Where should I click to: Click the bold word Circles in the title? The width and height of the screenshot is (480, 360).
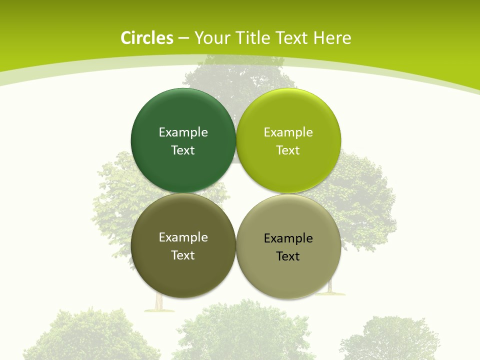pos(147,38)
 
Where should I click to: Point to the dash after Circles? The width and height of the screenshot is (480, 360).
pos(183,38)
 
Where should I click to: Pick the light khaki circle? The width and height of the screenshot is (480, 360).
pos(288,275)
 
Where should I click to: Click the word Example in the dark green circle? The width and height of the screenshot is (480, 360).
pos(183,132)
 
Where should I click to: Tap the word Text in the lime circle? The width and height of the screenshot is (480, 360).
pos(288,150)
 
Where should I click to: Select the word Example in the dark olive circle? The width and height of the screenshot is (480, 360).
pos(183,237)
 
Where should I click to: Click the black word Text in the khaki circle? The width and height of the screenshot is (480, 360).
pos(288,256)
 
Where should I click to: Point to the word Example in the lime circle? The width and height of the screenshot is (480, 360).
pos(288,132)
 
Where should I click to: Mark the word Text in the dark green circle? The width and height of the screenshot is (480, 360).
pos(183,150)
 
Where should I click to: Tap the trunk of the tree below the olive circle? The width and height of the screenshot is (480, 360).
pos(159,302)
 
